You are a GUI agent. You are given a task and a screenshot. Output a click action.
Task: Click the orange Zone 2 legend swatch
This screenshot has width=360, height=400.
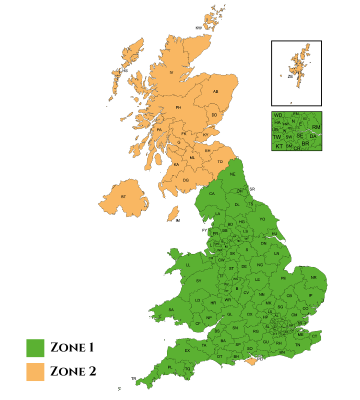(35, 372)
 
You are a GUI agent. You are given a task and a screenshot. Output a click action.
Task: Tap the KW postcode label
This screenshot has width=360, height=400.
(198, 28)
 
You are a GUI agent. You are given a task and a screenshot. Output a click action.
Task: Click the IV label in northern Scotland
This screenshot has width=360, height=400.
(171, 73)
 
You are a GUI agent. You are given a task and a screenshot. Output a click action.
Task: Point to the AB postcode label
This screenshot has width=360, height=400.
(216, 92)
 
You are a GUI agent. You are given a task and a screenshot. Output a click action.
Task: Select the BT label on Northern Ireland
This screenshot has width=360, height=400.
(123, 197)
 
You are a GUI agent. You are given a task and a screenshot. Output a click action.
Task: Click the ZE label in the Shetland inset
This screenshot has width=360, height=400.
(290, 77)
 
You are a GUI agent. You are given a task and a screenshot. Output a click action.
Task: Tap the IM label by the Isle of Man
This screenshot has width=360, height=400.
(177, 220)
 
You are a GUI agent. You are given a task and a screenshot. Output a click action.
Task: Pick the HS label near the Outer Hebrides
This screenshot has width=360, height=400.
(125, 71)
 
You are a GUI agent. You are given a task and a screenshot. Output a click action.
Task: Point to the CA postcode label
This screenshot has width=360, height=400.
(212, 194)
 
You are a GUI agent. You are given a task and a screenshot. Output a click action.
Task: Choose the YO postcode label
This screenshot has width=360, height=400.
(262, 219)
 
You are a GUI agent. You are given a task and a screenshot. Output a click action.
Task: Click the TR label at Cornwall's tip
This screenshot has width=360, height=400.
(133, 378)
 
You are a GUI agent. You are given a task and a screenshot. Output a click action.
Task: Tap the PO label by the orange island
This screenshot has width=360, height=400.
(260, 358)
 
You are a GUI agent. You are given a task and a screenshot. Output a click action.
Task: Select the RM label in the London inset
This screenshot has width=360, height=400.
(316, 127)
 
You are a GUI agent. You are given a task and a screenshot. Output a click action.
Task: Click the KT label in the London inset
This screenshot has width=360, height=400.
(279, 146)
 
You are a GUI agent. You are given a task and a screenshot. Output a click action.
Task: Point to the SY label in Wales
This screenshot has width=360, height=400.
(199, 281)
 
